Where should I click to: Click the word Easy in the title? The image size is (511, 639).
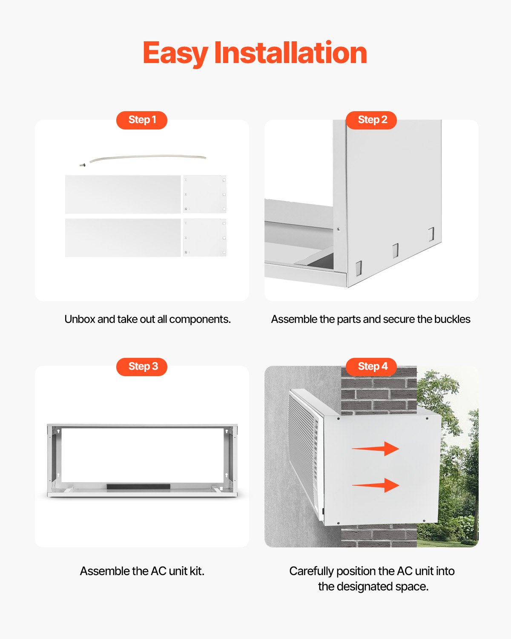click(x=175, y=53)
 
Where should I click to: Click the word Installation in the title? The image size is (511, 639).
click(x=290, y=53)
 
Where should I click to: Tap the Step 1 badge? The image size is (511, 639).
click(x=142, y=120)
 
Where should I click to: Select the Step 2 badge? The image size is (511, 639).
click(x=371, y=120)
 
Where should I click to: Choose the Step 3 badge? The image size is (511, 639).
click(x=142, y=366)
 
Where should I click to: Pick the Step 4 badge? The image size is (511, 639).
click(x=371, y=366)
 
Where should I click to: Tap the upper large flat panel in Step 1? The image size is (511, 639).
click(x=123, y=194)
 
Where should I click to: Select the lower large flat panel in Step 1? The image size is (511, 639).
click(x=123, y=238)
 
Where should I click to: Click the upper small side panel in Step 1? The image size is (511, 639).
click(x=204, y=194)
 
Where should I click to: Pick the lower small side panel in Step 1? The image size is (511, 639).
click(x=204, y=238)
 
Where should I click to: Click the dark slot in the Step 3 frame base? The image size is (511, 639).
click(x=138, y=486)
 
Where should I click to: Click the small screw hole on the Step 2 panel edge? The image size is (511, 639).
click(x=339, y=229)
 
